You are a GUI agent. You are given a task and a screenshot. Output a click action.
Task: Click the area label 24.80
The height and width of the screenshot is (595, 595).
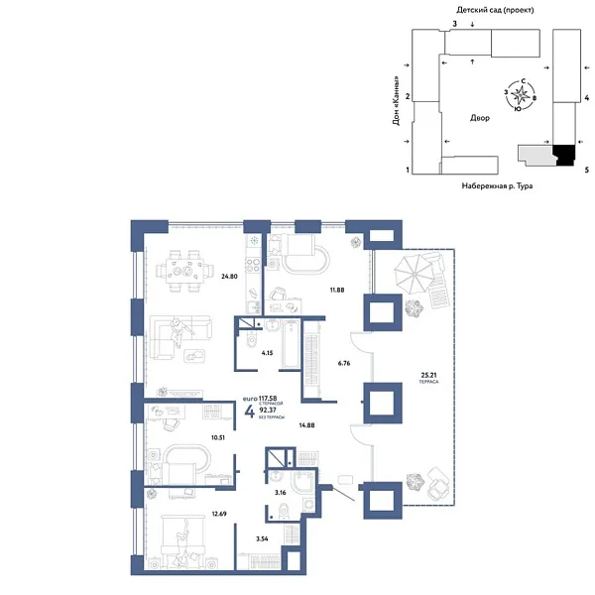tap(229, 276)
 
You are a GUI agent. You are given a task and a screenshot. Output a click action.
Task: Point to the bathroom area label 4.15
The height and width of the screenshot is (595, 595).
tap(267, 351)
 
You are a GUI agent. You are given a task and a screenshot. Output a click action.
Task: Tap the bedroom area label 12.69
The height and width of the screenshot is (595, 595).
tap(219, 513)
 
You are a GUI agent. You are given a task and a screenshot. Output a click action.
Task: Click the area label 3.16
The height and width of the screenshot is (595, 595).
tap(281, 490)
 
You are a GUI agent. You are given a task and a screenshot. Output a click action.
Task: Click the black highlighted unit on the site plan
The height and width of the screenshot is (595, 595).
tap(563, 155)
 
